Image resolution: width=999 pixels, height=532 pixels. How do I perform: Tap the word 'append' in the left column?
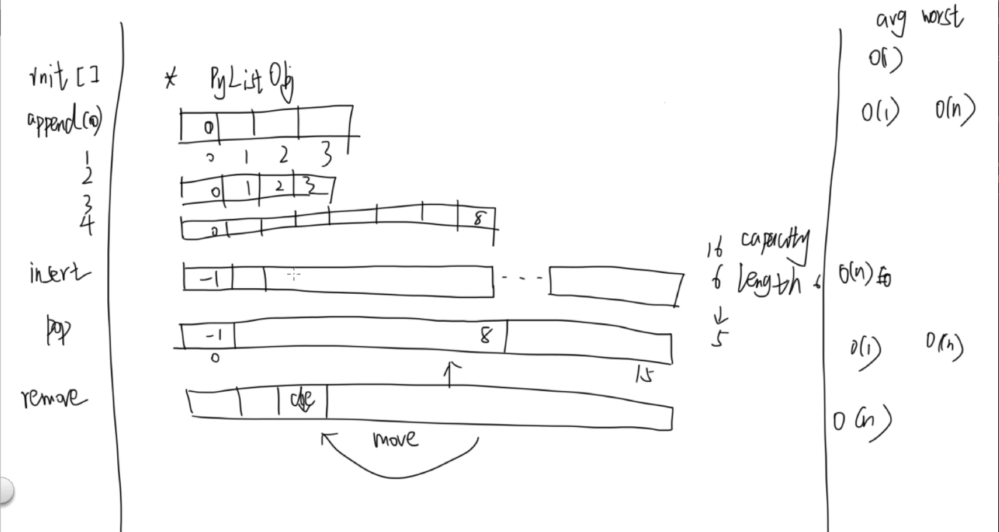tap(54, 122)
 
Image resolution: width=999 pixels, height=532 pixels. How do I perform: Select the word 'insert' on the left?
tap(59, 273)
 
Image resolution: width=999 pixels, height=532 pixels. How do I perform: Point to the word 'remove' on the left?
tap(54, 397)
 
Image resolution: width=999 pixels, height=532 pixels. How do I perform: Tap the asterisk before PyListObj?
tap(170, 78)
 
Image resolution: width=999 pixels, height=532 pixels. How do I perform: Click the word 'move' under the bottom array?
tap(395, 438)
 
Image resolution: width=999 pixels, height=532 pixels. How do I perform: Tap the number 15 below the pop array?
tap(644, 374)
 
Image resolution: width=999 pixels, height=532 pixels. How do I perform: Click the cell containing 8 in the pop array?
tap(486, 336)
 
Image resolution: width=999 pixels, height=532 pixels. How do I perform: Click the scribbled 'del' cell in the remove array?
tap(302, 400)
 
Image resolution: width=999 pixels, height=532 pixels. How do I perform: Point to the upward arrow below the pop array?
tap(450, 374)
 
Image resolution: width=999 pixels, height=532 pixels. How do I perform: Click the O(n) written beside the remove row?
tap(862, 422)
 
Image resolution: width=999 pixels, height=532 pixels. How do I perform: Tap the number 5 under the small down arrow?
tap(719, 338)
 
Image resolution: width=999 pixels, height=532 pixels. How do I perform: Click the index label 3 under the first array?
tap(325, 154)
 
